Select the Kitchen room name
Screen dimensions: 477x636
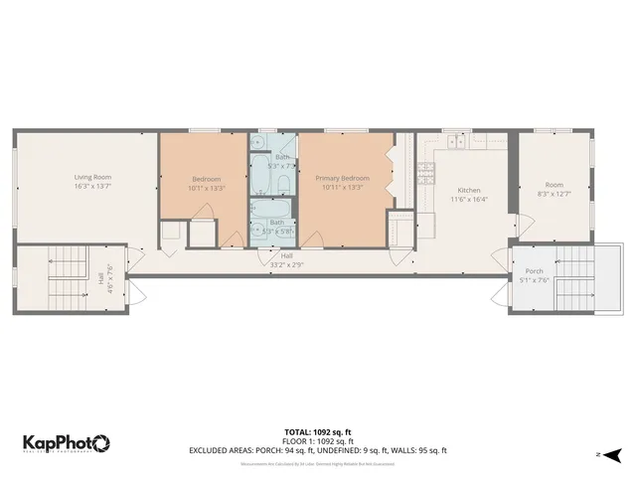point(468,190)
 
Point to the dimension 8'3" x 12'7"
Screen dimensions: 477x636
point(555,194)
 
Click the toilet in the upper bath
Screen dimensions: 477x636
point(284,185)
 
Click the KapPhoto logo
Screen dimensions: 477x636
point(67,442)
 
